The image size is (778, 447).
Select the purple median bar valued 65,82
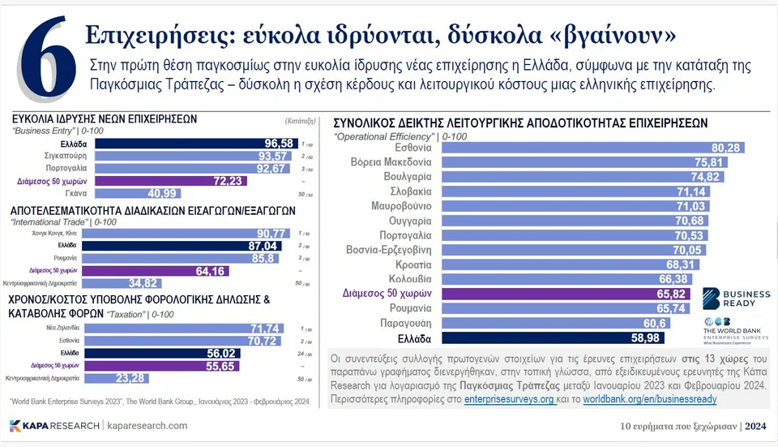click(559, 294)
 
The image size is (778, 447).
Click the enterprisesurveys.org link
click(510, 401)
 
